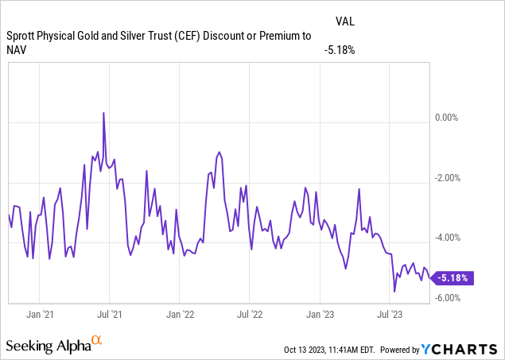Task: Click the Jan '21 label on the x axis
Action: [40, 315]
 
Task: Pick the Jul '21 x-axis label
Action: [110, 315]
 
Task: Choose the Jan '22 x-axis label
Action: [181, 315]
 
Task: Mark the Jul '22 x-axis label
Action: [250, 315]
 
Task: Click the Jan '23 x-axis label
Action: [320, 315]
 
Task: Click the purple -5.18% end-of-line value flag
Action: [453, 278]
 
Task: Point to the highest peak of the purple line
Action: [103, 113]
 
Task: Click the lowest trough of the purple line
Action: [394, 292]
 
